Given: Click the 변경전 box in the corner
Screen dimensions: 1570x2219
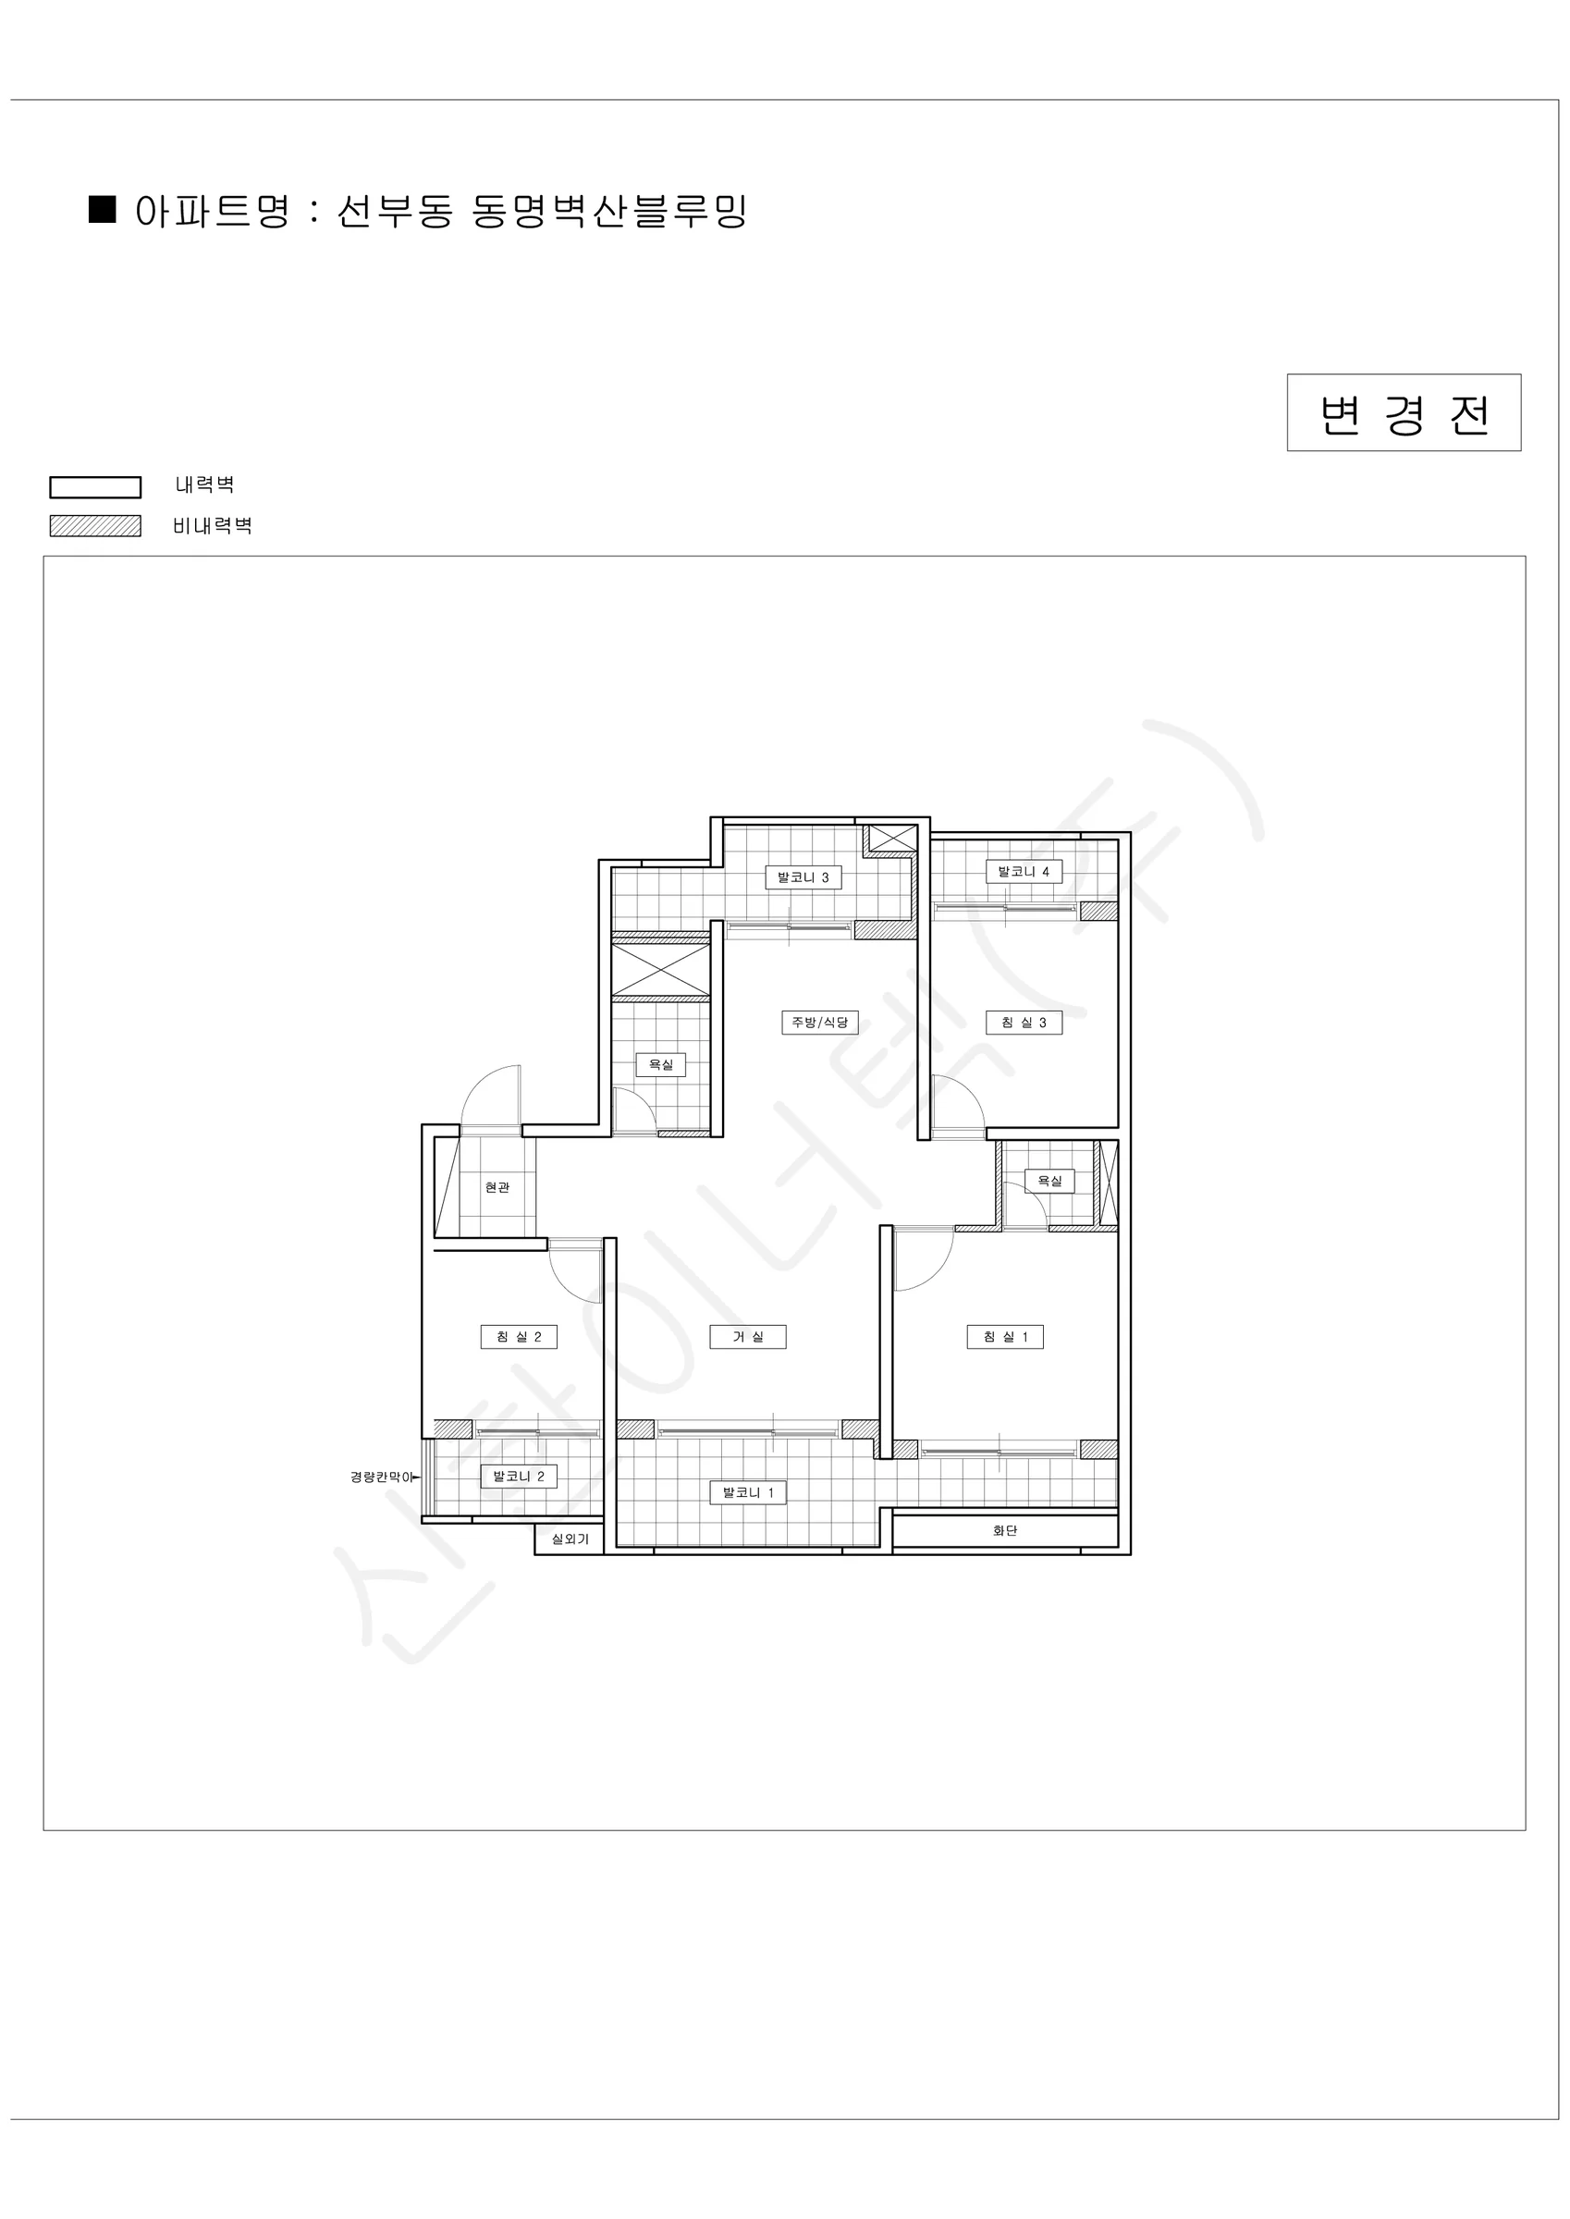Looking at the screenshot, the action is point(1404,412).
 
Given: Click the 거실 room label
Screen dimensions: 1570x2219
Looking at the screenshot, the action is point(747,1337).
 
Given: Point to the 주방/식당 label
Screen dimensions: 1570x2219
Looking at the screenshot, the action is point(820,1023).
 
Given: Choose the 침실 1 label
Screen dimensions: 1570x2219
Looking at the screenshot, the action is point(1005,1337).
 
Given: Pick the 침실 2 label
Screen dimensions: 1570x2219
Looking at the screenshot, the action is point(519,1337).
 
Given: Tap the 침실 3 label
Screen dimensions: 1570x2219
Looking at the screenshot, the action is point(1024,1023).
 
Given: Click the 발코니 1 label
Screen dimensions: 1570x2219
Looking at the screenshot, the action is point(748,1492).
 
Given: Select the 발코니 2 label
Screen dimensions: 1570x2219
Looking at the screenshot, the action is point(519,1476).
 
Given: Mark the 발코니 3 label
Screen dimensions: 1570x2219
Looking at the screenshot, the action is point(803,877).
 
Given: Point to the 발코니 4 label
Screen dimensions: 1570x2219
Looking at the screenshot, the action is point(1024,872).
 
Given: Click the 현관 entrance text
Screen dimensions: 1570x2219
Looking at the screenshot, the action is point(497,1188).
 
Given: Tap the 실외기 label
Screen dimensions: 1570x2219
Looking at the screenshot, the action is point(570,1539).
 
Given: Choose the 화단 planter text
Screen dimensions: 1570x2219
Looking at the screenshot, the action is point(1005,1530).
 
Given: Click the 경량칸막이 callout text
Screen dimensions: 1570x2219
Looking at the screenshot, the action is point(382,1477).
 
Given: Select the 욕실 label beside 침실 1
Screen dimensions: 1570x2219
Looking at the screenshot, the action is point(1049,1181).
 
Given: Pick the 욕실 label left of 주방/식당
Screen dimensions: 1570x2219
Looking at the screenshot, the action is point(660,1065).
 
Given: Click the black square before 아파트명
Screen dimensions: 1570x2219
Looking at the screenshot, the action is point(103,210).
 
